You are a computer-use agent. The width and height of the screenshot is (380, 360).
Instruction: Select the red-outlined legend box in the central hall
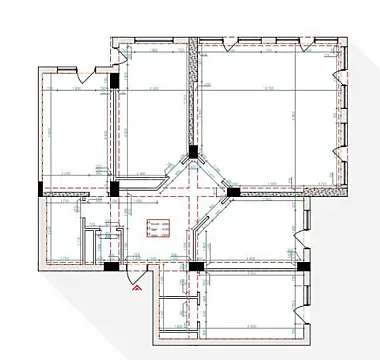[x=156, y=228]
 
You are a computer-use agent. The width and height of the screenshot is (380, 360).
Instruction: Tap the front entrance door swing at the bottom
[x=134, y=268]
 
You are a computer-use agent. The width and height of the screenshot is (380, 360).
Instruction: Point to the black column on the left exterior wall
[x=40, y=188]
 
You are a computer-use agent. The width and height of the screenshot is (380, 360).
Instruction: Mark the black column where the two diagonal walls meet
[x=192, y=154]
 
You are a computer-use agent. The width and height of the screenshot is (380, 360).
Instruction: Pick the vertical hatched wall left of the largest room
[x=191, y=95]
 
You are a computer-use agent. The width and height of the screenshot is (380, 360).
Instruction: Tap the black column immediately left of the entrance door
[x=109, y=266]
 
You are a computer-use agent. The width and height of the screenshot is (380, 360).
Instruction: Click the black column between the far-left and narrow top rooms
[x=115, y=83]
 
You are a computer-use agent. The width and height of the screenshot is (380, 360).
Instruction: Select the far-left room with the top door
[x=75, y=130]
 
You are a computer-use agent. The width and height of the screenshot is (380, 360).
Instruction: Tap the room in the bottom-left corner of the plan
[x=65, y=230]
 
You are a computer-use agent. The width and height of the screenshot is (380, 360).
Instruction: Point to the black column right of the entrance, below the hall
[x=196, y=267]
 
